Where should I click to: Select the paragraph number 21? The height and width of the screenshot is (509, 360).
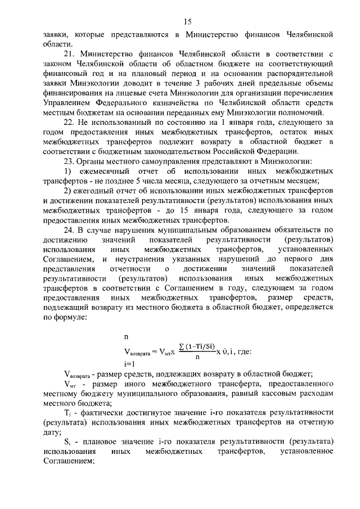coord(70,55)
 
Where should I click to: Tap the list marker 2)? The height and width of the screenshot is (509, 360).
coord(67,191)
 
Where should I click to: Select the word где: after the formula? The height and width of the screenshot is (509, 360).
coord(242,353)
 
